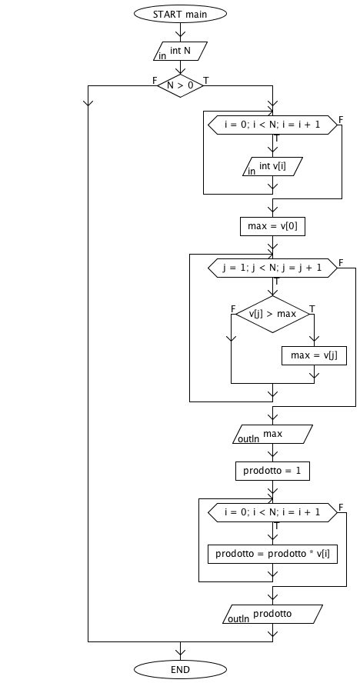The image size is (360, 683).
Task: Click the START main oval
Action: pos(180,14)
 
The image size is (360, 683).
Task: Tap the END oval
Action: pos(180,669)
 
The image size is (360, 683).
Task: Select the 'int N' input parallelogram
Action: pos(180,51)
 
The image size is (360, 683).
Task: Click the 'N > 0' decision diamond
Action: pos(180,85)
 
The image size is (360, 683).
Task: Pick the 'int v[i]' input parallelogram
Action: pos(272,166)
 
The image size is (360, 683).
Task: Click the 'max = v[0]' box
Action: pos(272,226)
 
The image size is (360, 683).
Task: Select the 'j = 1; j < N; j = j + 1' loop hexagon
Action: pos(272,268)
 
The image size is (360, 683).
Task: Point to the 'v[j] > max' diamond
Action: pos(272,314)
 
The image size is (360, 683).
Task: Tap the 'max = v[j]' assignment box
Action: pos(314,355)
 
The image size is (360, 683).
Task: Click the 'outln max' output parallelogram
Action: pos(272,435)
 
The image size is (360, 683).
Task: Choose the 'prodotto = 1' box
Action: pos(272,471)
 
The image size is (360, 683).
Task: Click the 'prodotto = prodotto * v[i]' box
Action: pos(272,554)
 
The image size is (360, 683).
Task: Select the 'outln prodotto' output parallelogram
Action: pos(272,615)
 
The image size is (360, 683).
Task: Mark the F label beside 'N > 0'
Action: pos(155,81)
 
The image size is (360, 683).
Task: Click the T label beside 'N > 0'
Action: pos(206,81)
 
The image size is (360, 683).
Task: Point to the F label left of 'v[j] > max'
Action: pos(233,309)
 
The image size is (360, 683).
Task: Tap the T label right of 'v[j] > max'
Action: pos(312,309)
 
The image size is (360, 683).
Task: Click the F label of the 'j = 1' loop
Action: pos(341,262)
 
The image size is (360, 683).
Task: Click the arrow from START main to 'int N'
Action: pos(180,32)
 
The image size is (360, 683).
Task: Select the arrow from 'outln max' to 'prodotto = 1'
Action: pos(272,452)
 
